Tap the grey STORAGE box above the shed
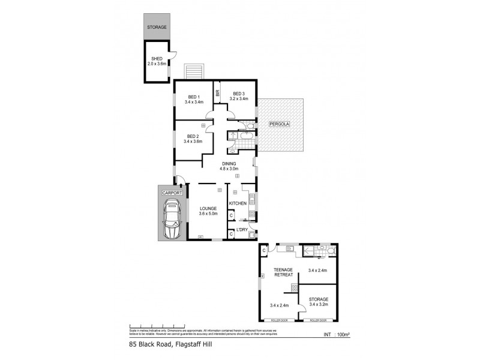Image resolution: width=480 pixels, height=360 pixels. (158, 27)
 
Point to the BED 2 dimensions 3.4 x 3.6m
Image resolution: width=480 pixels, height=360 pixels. (193, 142)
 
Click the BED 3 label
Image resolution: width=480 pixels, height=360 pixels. (239, 94)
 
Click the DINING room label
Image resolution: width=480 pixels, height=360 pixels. (229, 163)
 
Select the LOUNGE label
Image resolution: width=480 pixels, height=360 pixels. (208, 208)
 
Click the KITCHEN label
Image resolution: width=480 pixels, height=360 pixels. (238, 204)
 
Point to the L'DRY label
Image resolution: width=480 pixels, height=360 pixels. (242, 230)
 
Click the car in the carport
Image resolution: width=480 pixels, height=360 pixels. (172, 220)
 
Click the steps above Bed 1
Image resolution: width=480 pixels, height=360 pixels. (194, 71)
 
